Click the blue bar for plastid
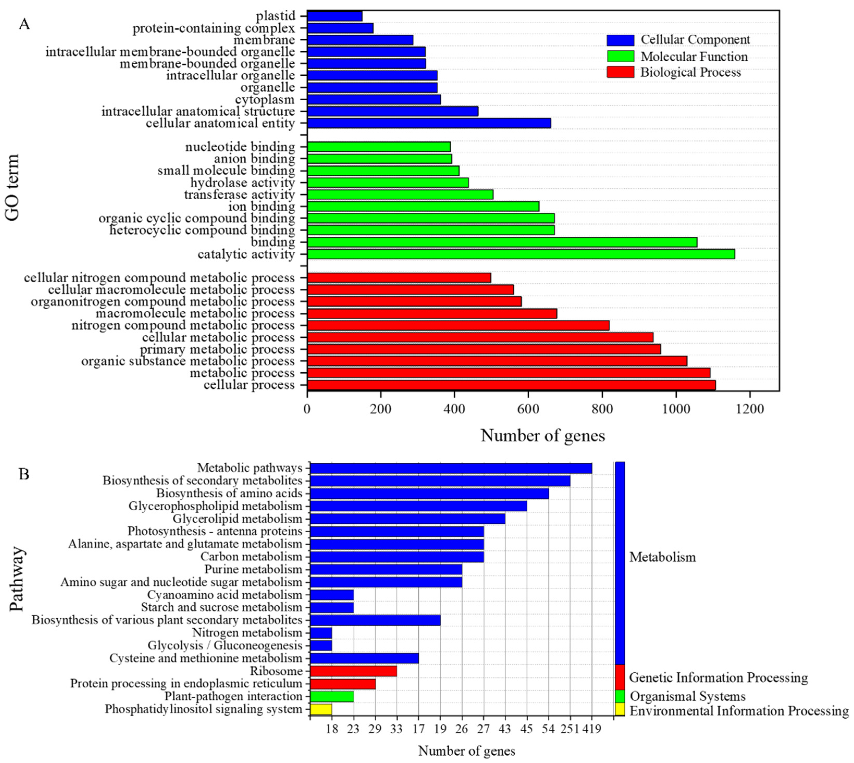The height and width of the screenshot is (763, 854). click(335, 16)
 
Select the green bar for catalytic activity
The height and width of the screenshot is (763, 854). click(521, 254)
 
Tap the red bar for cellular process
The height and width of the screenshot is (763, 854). click(511, 385)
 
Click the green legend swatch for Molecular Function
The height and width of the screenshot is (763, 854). click(620, 56)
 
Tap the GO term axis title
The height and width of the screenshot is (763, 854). click(13, 187)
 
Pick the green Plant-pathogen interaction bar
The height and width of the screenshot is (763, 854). click(331, 696)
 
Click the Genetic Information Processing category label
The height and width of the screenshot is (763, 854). click(718, 678)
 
